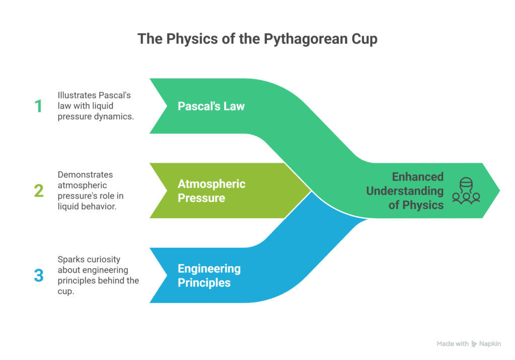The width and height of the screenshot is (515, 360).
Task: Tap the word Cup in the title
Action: pos(364,39)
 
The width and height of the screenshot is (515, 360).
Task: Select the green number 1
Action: pos(38,106)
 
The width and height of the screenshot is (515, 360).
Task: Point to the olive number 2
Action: pos(39,191)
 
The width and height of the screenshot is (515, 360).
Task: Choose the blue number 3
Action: pos(39,276)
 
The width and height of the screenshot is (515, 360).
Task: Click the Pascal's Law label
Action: pos(211,106)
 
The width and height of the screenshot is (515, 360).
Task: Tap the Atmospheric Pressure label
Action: pos(211,191)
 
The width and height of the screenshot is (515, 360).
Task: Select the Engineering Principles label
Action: pos(209,276)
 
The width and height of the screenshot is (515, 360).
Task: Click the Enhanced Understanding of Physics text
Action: pos(405,191)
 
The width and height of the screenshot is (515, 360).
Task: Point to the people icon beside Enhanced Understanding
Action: pos(466,191)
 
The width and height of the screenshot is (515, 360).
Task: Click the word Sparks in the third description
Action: pos(69,259)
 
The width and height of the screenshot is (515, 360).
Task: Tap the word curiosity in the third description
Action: pos(101,259)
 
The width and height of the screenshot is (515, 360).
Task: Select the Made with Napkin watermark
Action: pos(469,344)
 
